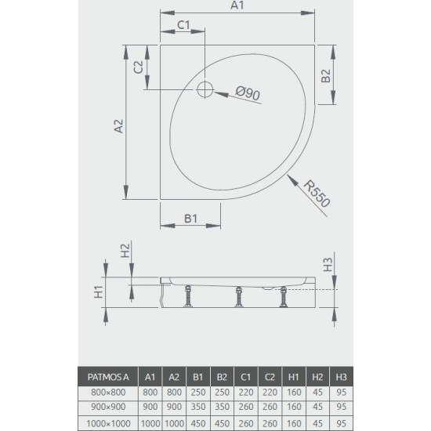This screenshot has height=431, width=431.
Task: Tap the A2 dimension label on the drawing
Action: pyautogui.click(x=118, y=127)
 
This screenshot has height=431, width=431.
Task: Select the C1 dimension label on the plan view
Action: pyautogui.click(x=184, y=25)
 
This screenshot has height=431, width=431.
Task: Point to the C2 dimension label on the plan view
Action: pyautogui.click(x=137, y=68)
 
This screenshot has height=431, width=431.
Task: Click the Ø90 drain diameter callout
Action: pyautogui.click(x=248, y=94)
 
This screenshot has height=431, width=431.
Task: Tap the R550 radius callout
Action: pyautogui.click(x=317, y=192)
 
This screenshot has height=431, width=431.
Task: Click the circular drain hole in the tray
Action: pyautogui.click(x=205, y=89)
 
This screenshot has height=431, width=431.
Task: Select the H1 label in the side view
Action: pyautogui.click(x=100, y=292)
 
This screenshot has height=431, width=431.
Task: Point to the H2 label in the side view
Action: pyautogui.click(x=125, y=251)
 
